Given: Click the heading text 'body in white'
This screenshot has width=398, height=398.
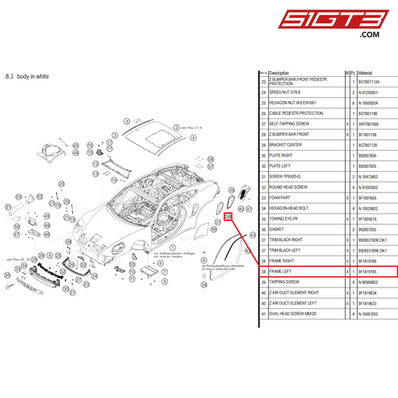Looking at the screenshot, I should [x=32, y=76].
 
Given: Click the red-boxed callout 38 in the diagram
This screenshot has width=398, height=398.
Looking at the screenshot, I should [x=228, y=217].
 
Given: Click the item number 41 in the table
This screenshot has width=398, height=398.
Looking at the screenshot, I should [x=263, y=315].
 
